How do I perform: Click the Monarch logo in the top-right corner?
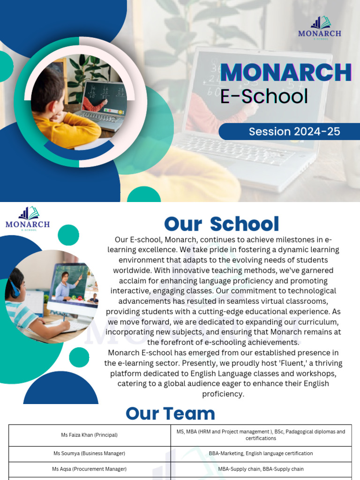click(x=320, y=28)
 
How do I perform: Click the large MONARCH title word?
click(x=285, y=72)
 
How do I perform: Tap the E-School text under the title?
click(x=264, y=97)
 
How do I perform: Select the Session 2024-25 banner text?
click(x=294, y=132)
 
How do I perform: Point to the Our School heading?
click(x=221, y=224)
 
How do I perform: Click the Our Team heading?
click(x=170, y=413)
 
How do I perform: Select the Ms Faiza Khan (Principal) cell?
click(x=89, y=435)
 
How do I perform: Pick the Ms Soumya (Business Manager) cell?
click(x=89, y=454)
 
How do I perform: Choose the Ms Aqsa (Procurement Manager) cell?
click(x=89, y=469)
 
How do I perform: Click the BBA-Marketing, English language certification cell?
click(x=261, y=454)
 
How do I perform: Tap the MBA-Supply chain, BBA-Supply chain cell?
click(x=261, y=469)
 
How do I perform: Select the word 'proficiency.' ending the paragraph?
click(x=223, y=394)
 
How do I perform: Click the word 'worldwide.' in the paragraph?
click(x=133, y=270)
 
